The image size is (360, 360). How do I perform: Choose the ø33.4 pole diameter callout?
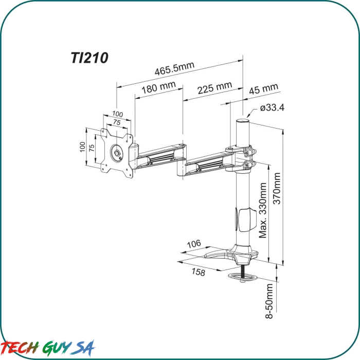(x=272, y=108)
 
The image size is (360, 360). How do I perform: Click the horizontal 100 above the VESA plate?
(x=118, y=114)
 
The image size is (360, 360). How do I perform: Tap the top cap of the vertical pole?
(x=243, y=121)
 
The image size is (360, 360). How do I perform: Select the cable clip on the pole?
(x=245, y=219)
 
